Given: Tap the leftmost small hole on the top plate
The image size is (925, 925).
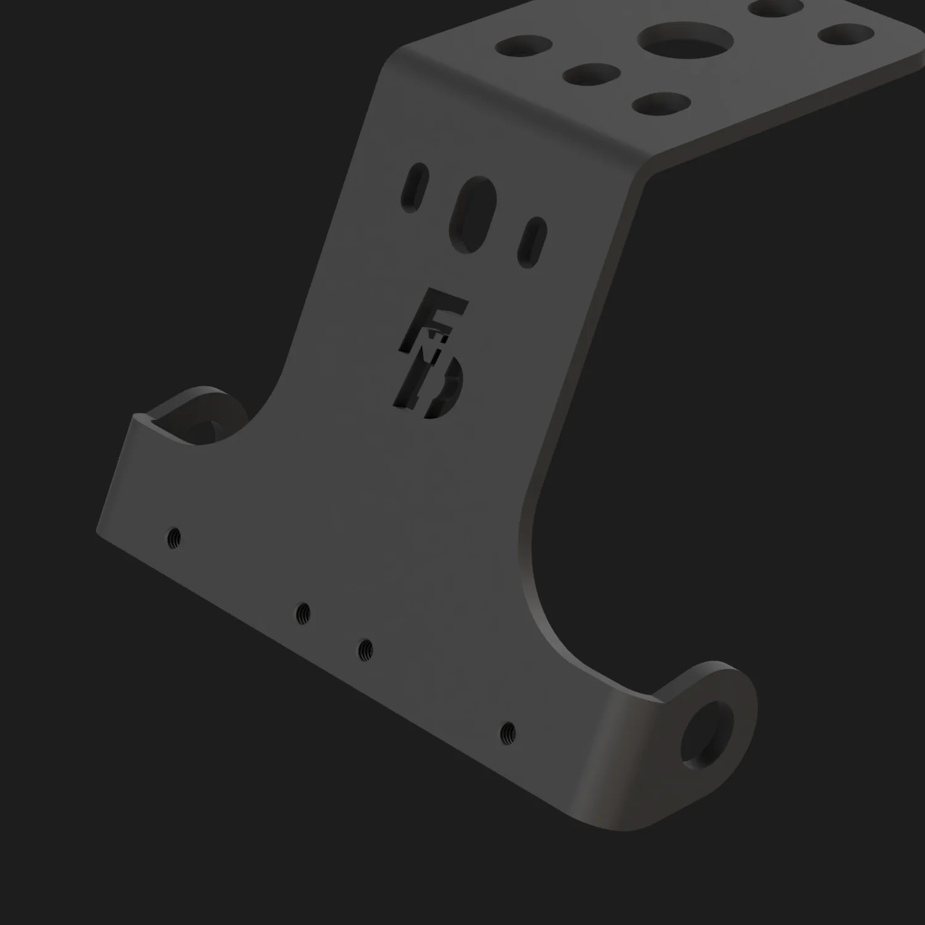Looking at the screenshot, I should pyautogui.click(x=527, y=46).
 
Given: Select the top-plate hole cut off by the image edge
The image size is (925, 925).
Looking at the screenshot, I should pyautogui.click(x=775, y=7).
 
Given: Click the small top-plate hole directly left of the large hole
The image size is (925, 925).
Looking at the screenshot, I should pyautogui.click(x=591, y=75).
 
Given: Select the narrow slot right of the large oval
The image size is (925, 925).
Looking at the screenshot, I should pyautogui.click(x=532, y=239).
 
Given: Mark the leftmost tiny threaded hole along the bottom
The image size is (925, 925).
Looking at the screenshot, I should pyautogui.click(x=175, y=538).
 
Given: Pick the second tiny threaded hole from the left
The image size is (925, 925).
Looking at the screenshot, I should pyautogui.click(x=303, y=612).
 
